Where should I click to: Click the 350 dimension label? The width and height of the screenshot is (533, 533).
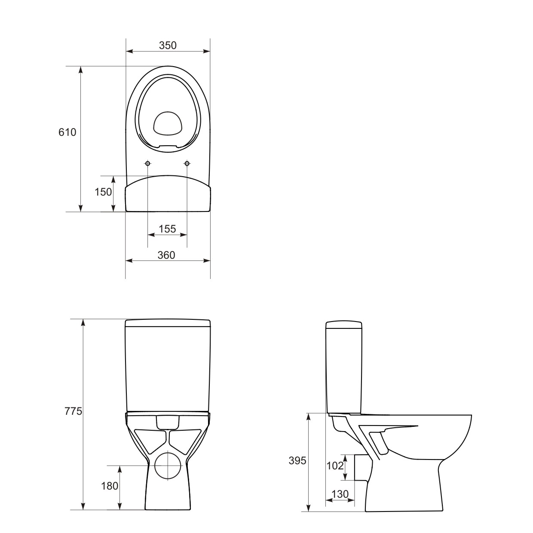168,46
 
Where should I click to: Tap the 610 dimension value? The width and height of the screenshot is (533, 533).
67,132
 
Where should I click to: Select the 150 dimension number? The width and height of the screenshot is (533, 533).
103,192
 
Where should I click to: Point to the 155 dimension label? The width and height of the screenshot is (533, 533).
167,229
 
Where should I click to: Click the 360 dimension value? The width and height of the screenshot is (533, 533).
166,255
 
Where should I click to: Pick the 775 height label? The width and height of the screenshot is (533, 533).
74,411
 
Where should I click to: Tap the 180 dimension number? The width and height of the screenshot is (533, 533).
110,486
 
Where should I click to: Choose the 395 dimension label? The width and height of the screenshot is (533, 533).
297,460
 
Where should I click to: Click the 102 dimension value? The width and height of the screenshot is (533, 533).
335,466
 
